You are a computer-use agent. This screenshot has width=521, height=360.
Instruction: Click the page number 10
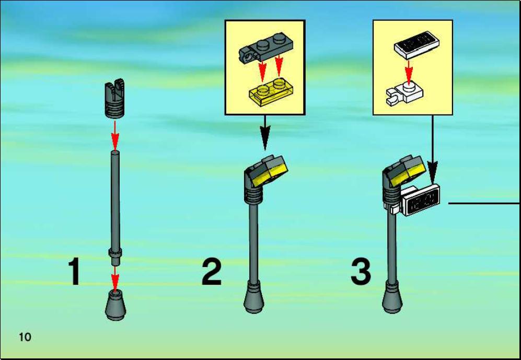pyautogui.click(x=25, y=337)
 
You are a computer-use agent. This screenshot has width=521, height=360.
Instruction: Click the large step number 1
pyautogui.click(x=74, y=271)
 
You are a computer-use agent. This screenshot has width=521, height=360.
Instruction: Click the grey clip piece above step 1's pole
pyautogui.click(x=114, y=99)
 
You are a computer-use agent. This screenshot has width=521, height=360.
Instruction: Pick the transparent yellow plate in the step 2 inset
pyautogui.click(x=271, y=92)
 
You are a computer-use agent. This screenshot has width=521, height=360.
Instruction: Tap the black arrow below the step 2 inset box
pyautogui.click(x=265, y=133)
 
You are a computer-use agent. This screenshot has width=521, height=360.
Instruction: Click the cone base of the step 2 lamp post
pyautogui.click(x=254, y=297)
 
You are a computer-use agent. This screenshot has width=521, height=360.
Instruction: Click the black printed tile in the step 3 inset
pyautogui.click(x=417, y=45)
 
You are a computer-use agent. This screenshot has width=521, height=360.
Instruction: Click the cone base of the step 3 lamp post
pyautogui.click(x=392, y=297)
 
